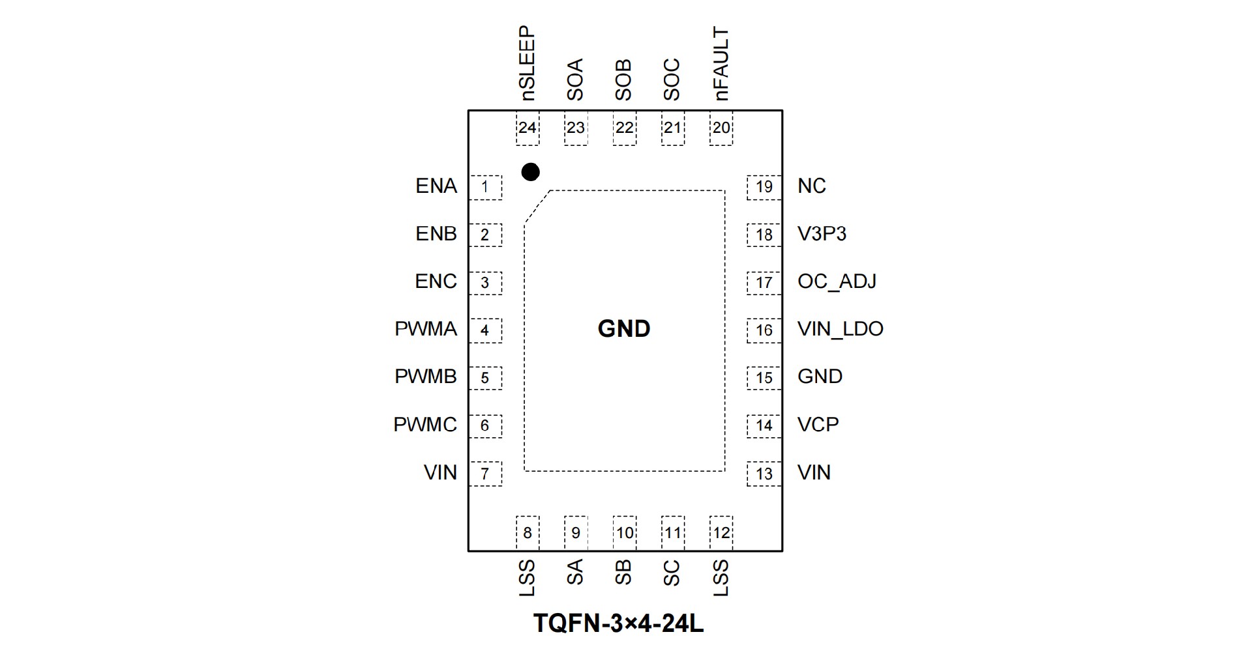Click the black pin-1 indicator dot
click(x=531, y=172)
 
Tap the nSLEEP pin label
click(x=527, y=63)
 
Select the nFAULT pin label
click(x=721, y=63)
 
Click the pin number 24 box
click(x=527, y=128)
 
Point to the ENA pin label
click(x=436, y=186)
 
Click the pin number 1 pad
click(x=485, y=188)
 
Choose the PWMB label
click(x=426, y=377)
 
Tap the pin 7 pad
click(x=485, y=474)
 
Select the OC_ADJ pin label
click(x=837, y=281)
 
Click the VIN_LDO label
click(x=840, y=329)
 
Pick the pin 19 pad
click(x=764, y=188)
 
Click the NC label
click(x=811, y=186)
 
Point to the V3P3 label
click(x=822, y=234)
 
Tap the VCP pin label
click(x=818, y=425)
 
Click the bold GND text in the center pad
click(x=624, y=329)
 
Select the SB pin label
click(x=623, y=573)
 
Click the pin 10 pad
click(x=624, y=533)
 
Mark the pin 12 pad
click(x=721, y=533)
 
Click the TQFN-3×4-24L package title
click(x=618, y=623)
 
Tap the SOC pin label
click(x=672, y=79)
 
